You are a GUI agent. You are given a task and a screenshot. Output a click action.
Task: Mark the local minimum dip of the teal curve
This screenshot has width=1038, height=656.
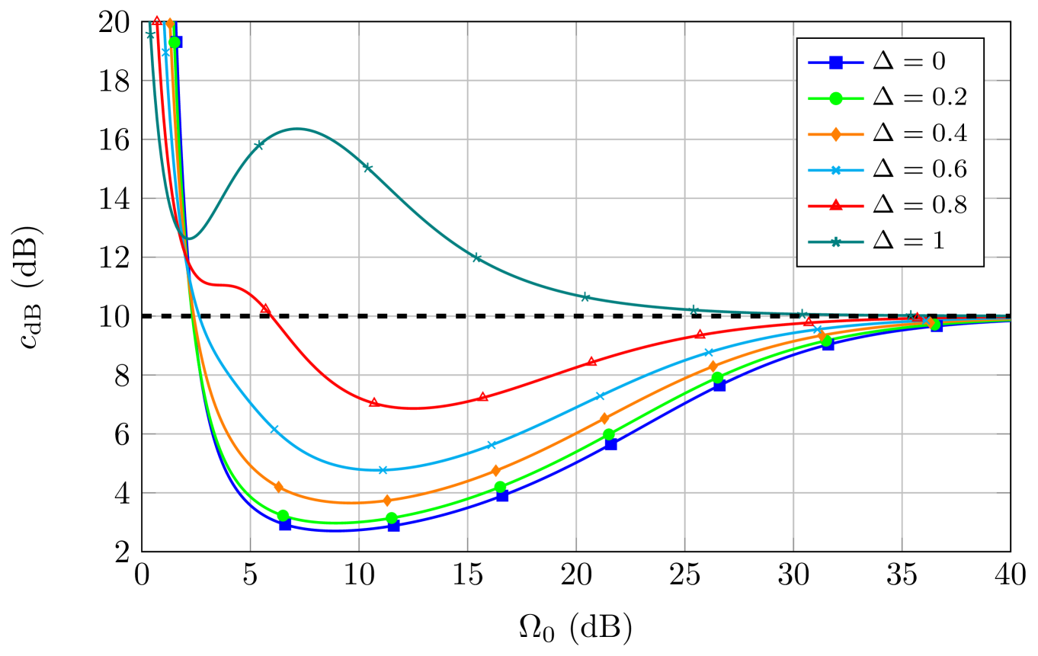pos(188,239)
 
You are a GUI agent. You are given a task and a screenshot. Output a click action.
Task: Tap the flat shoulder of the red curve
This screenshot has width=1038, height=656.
pos(221,285)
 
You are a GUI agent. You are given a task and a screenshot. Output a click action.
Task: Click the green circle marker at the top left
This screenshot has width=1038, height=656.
pos(174,42)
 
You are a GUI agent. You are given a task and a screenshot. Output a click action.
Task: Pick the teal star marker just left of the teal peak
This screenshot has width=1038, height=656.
pos(259,145)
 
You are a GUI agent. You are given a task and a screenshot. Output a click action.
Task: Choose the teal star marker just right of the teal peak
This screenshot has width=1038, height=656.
pos(367,168)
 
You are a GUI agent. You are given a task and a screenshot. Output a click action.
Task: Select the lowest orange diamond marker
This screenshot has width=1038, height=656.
pos(387,501)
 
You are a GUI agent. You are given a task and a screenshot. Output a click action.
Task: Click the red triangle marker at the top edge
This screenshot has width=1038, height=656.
pos(157,21)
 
